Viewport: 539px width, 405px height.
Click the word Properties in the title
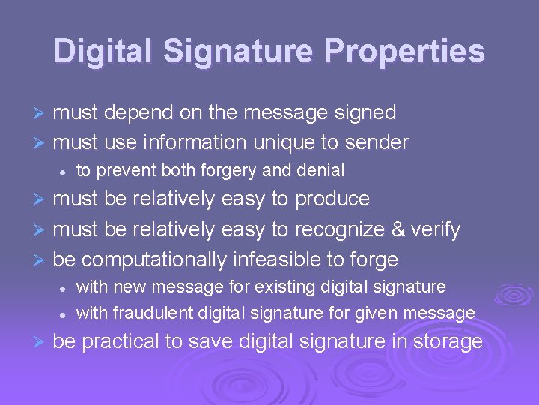point(404,52)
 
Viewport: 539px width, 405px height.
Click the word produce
point(332,199)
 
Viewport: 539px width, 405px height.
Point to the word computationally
point(153,259)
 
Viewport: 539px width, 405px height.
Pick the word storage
point(448,342)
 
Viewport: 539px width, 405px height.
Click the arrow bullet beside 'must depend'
point(41,113)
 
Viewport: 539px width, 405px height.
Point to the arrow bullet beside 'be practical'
point(41,343)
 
